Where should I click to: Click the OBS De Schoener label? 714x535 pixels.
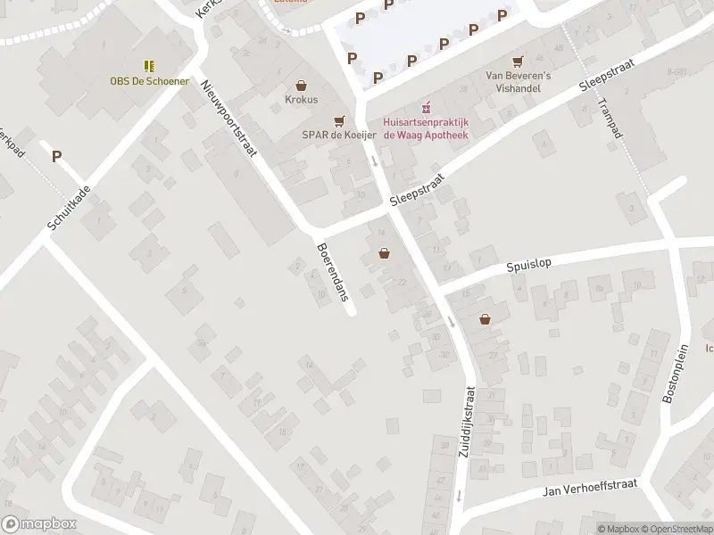coord(150,80)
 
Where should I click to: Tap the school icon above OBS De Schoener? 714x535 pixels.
coord(150,65)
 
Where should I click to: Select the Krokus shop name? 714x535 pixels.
coord(302,100)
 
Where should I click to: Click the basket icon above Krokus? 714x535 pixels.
coord(302,86)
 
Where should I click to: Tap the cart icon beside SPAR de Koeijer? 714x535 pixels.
coord(338,120)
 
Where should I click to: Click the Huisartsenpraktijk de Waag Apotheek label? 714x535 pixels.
coord(426,128)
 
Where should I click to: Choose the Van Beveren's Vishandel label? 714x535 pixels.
coord(518,82)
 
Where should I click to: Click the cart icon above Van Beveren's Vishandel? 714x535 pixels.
coord(518,62)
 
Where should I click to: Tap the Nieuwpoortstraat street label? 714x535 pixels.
coord(229,117)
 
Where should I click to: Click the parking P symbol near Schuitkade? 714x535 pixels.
coord(57,156)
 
